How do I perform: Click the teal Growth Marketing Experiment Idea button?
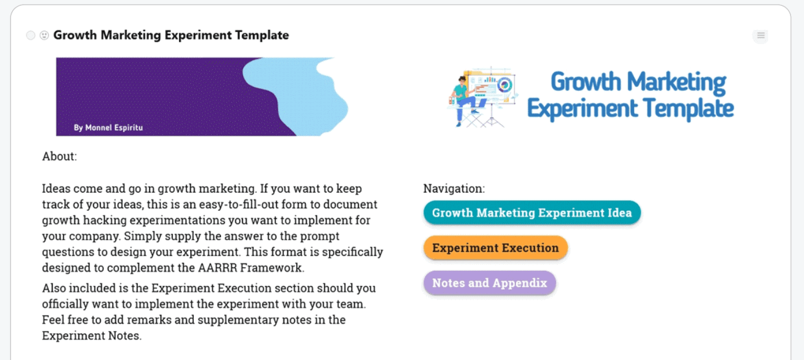tap(532, 213)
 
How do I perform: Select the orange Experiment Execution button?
tap(495, 248)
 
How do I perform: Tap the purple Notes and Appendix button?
tap(490, 283)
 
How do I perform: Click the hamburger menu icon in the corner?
tap(761, 35)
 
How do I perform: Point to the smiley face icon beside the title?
tap(44, 35)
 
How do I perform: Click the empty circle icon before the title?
tap(31, 35)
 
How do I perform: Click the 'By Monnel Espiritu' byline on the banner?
tap(108, 127)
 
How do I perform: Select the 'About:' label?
tap(59, 156)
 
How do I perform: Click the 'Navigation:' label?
tap(454, 189)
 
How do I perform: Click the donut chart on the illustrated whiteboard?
tap(504, 85)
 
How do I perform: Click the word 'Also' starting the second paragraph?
tap(54, 288)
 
